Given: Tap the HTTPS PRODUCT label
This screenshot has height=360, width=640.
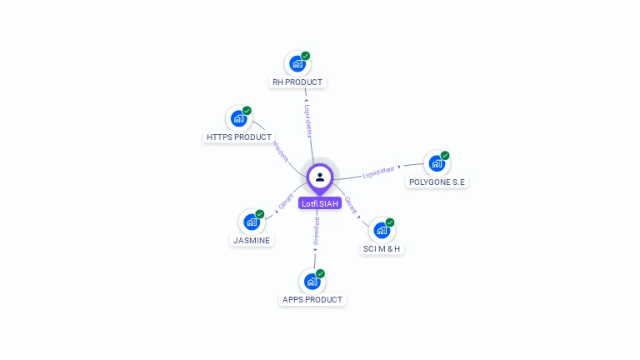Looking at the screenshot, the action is [239, 137].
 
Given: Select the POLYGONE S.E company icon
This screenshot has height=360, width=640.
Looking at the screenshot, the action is [436, 163].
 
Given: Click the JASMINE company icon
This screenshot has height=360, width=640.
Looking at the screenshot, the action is [251, 222].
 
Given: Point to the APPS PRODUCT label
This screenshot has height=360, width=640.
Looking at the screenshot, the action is [312, 299].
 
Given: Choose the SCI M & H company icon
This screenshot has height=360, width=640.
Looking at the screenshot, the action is [381, 230].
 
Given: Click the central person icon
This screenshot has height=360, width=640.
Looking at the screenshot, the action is [320, 177].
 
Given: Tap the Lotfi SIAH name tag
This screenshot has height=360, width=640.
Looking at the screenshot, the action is [320, 203].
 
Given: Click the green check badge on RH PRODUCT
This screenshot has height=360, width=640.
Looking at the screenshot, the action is [306, 56].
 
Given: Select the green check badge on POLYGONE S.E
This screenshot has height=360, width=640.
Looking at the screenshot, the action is [445, 156].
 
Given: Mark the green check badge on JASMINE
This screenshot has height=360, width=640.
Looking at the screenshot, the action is [260, 214].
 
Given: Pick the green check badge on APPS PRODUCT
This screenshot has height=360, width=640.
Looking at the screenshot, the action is [321, 273].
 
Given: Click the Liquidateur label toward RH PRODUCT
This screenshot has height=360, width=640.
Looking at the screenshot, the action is [307, 121].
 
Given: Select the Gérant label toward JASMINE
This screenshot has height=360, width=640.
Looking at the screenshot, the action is [286, 202].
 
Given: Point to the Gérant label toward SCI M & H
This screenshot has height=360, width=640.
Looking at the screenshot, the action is [351, 205].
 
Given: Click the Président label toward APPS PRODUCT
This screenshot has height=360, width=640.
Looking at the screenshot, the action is [316, 231].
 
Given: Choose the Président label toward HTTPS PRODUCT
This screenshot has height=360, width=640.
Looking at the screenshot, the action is [281, 152].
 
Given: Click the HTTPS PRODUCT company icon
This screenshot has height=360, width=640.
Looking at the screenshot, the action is [238, 118].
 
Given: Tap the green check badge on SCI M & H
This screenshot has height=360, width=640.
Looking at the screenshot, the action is [390, 222].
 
